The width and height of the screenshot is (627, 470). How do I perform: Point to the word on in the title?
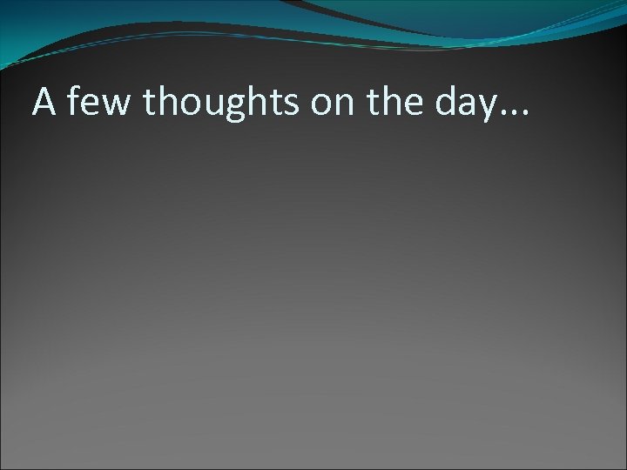pos(328,105)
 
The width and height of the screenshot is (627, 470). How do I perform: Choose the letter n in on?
pos(341,105)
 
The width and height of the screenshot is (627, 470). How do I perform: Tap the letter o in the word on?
pos(317,105)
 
